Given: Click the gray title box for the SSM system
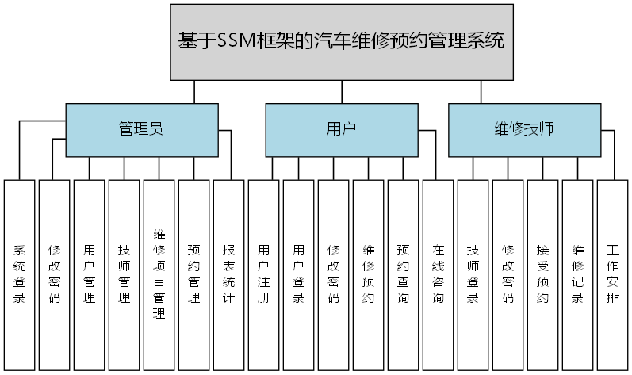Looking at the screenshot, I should pos(341,41).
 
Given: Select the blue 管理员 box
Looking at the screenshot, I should pos(141,130).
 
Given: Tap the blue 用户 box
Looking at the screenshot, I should pos(341,130).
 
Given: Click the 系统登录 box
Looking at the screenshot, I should pos(20,274).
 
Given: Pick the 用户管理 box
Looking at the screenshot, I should pos(90,274).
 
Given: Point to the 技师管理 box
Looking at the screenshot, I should pos(124,274).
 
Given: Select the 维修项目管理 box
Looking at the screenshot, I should pos(159,274).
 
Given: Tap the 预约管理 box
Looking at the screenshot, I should pos(194,274).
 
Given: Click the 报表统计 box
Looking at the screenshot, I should pos(229,274).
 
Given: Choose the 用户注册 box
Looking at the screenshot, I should pos(264,274).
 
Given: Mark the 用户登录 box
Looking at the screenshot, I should pos(299,274).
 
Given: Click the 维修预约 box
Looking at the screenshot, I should pos(369,274).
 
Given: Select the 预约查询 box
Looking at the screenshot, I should pos(404,274).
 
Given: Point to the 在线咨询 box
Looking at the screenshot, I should pos(439,274).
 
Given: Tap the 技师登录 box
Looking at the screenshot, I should pos(473,274).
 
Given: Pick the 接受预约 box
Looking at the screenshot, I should pos(543,274).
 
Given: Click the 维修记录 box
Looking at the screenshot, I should pos(578,274).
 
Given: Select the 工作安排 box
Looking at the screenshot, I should pos(613,274).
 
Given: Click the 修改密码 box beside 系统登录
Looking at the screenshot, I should pos(55,274).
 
